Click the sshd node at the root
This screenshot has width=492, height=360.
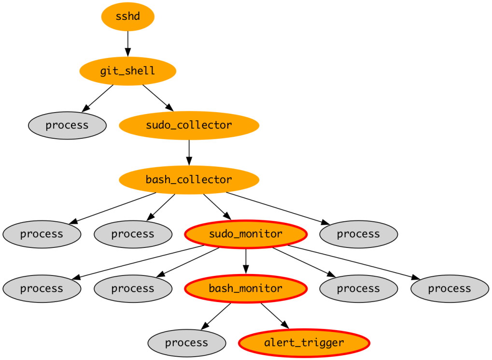pos(127,16)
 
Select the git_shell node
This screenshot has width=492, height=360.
pos(127,71)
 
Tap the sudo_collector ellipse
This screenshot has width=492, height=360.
pos(189,125)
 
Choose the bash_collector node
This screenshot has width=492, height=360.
pos(189,180)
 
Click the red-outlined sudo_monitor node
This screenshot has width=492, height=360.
pos(246,234)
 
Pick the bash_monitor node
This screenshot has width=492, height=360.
pos(246,288)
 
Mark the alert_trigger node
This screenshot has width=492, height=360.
pos(304,343)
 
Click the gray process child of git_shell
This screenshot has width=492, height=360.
pos(67,125)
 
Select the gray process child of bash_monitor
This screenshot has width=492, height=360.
pos(187,343)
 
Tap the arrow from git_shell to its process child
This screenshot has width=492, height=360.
pos(98,98)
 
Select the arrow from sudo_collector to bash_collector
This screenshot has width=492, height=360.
pos(189,152)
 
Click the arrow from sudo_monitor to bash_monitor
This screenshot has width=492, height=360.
pos(246,261)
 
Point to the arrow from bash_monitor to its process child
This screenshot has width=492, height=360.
pos(216,316)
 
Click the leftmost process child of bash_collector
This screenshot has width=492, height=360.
pos(42,234)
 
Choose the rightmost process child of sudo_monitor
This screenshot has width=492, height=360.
pos(450,288)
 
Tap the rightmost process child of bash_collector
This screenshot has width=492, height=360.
pos(358,234)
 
